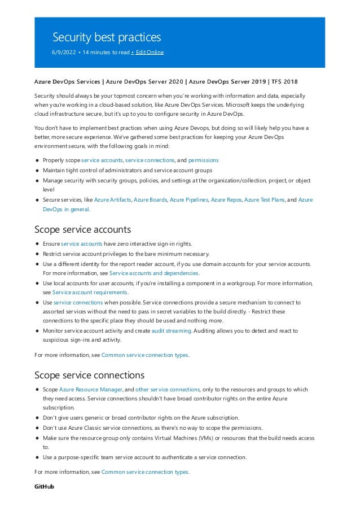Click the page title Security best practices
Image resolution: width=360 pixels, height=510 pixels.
107,37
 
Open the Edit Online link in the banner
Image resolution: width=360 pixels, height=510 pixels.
149,53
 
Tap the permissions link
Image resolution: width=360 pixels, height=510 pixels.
203,160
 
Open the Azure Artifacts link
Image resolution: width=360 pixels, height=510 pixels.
112,200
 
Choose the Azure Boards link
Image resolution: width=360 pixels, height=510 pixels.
150,200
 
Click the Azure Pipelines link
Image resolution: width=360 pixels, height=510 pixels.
188,200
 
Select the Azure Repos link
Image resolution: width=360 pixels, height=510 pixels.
226,200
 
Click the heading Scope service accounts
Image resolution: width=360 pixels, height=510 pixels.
82,229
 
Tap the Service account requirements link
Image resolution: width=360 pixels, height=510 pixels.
89,292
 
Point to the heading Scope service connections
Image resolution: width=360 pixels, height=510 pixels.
89,375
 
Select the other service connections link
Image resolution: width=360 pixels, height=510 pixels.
168,389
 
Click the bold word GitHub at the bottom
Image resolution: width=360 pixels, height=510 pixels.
44,486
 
